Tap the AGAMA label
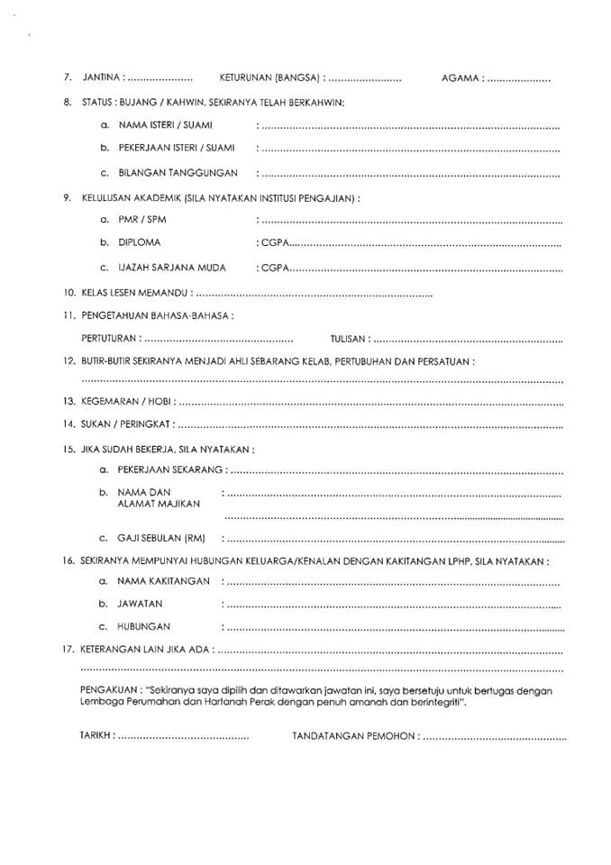(x=460, y=78)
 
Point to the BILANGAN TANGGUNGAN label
(x=178, y=172)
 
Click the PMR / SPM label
(x=142, y=219)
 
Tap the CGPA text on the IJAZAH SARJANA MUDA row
(x=274, y=268)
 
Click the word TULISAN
(x=348, y=339)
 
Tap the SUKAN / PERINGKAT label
(x=123, y=423)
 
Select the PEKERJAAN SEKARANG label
(x=170, y=469)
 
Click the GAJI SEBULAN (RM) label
(x=162, y=539)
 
